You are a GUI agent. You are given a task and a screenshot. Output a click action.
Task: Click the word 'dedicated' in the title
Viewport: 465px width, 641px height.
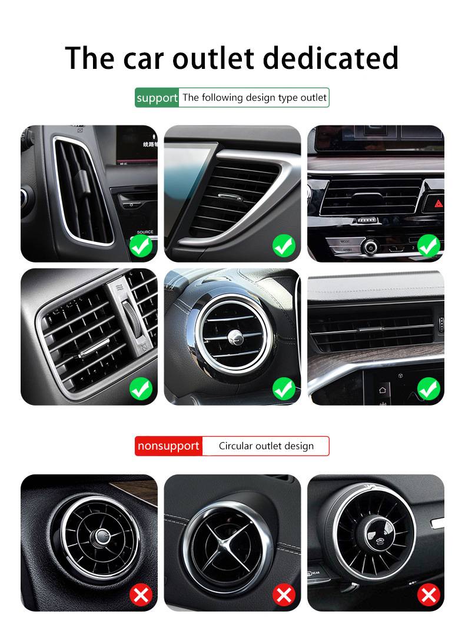330,58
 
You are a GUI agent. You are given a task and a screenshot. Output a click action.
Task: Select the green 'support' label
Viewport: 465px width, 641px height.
157,98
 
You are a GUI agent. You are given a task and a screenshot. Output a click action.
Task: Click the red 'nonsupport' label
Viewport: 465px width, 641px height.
168,446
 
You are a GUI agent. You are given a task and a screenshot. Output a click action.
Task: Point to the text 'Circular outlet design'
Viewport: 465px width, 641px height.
266,446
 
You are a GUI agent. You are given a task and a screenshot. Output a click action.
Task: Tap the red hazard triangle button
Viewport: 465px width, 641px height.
439,203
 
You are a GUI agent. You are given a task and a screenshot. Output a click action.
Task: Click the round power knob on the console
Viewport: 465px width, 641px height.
370,247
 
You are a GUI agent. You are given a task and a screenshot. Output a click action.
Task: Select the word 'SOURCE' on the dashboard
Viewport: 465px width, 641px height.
145,232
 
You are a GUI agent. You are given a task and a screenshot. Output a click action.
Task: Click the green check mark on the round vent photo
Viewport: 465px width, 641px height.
284,388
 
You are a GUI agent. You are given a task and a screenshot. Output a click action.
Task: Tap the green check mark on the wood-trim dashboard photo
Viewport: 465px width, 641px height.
429,388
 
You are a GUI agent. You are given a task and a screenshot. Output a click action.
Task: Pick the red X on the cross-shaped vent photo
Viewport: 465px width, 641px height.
284,595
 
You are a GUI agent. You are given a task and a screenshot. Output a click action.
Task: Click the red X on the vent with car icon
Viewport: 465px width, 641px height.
429,595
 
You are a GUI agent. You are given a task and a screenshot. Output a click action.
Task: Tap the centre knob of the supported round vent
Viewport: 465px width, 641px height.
235,337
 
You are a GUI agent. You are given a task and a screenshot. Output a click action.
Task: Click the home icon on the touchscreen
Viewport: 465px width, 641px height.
383,390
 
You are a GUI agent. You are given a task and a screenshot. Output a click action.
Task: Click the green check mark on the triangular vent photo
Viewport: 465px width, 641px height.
284,245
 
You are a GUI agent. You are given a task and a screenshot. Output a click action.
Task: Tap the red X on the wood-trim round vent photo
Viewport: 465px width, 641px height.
141,595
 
